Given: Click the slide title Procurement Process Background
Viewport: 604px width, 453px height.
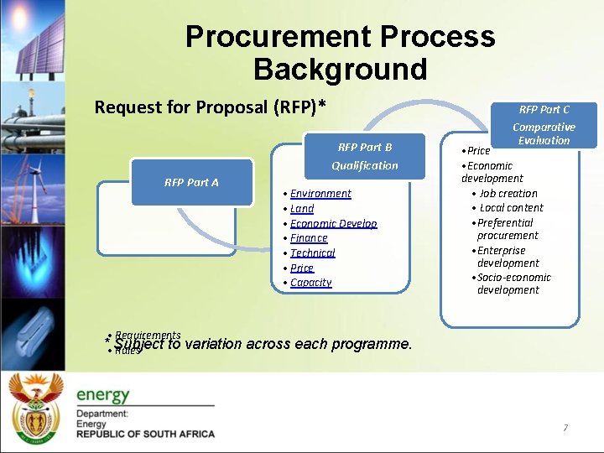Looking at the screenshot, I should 340,52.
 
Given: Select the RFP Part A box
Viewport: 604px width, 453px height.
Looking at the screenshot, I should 191,182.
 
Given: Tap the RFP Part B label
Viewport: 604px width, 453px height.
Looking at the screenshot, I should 364,147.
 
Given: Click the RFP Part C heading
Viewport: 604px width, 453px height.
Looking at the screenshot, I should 544,109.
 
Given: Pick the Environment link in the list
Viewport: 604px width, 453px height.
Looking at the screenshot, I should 320,194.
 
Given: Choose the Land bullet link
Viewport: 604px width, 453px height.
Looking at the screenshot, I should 302,209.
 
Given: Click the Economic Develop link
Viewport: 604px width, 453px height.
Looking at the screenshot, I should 333,224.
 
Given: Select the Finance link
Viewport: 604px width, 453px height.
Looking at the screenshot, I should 309,238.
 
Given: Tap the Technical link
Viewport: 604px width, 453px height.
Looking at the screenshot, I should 312,253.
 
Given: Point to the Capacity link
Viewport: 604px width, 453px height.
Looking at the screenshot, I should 310,283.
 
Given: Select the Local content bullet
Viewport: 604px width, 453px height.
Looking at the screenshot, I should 511,207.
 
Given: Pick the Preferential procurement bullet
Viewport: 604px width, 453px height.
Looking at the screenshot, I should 507,229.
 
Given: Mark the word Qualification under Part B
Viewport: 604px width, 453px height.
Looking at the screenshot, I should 364,165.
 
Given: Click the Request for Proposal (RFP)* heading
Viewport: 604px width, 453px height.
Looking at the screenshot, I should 210,107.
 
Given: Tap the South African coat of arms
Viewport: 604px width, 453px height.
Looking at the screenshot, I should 35,406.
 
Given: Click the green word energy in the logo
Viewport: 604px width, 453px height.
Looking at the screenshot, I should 103,394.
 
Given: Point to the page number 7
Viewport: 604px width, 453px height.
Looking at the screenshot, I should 565,428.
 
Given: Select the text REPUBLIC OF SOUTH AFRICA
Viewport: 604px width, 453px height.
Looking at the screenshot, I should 145,434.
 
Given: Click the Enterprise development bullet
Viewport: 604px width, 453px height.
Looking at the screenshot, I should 507,257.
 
